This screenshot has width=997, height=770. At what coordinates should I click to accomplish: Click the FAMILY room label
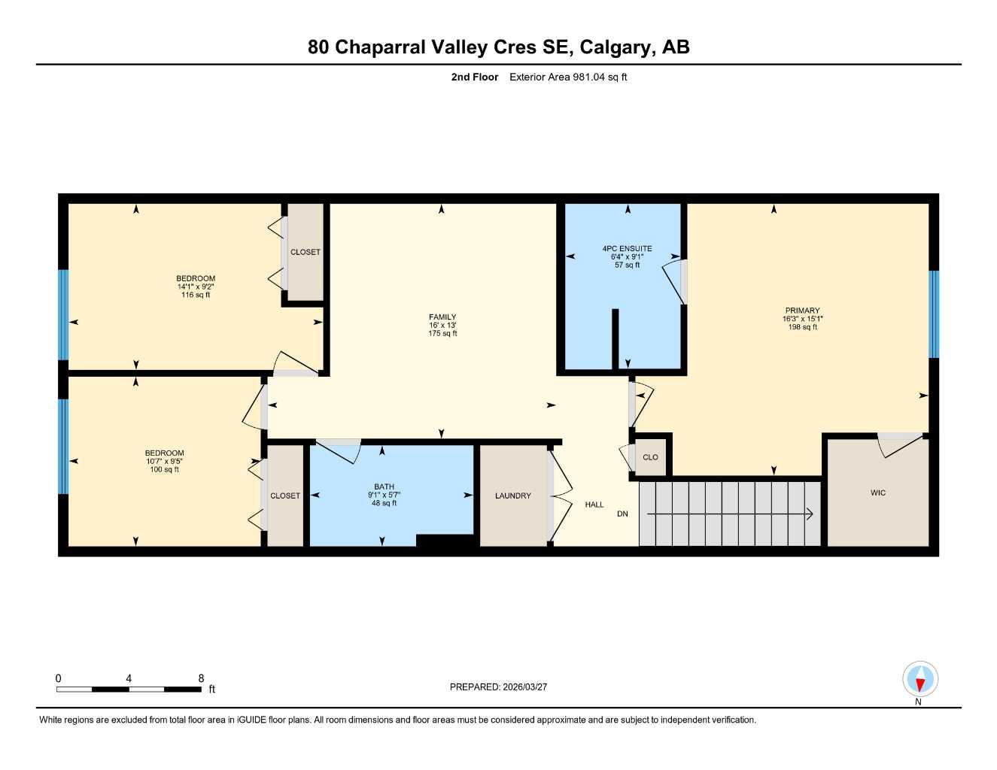pyautogui.click(x=442, y=317)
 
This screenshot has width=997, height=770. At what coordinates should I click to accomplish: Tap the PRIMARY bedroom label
pyautogui.click(x=802, y=311)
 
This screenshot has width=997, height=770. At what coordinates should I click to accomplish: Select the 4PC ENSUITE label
pyautogui.click(x=627, y=249)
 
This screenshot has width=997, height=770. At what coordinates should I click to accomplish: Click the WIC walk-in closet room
pyautogui.click(x=878, y=493)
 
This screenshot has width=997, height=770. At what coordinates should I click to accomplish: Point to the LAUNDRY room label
pyautogui.click(x=512, y=496)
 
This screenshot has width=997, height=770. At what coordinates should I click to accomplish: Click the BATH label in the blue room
pyautogui.click(x=384, y=487)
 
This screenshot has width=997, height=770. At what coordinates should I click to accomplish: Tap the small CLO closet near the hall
pyautogui.click(x=650, y=457)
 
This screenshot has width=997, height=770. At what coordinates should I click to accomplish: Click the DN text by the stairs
pyautogui.click(x=622, y=514)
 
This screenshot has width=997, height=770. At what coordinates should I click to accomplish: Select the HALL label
pyautogui.click(x=594, y=505)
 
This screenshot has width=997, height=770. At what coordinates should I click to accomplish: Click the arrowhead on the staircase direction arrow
pyautogui.click(x=810, y=514)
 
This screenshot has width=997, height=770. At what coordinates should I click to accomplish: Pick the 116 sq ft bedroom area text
pyautogui.click(x=196, y=295)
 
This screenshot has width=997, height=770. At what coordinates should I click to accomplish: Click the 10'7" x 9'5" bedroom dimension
pyautogui.click(x=164, y=462)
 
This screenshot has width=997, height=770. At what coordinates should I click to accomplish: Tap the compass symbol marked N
pyautogui.click(x=919, y=680)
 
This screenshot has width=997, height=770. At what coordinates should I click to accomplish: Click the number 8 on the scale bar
pyautogui.click(x=201, y=678)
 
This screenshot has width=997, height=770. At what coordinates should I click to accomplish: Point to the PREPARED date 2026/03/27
pyautogui.click(x=498, y=687)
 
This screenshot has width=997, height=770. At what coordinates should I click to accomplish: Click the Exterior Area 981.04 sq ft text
pyautogui.click(x=568, y=77)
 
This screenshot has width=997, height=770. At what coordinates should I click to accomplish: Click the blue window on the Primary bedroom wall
pyautogui.click(x=934, y=314)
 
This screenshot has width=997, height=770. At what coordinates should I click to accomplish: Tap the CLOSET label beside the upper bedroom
pyautogui.click(x=305, y=252)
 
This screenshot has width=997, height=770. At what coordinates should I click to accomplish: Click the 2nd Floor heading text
pyautogui.click(x=474, y=77)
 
